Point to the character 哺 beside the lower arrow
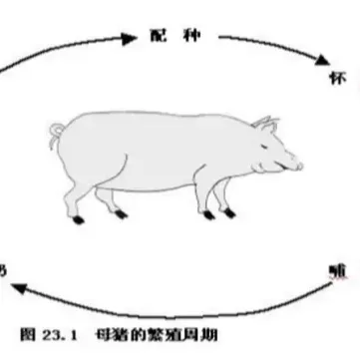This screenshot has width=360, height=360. coord(337,269)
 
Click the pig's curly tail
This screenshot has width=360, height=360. coord(56,130)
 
